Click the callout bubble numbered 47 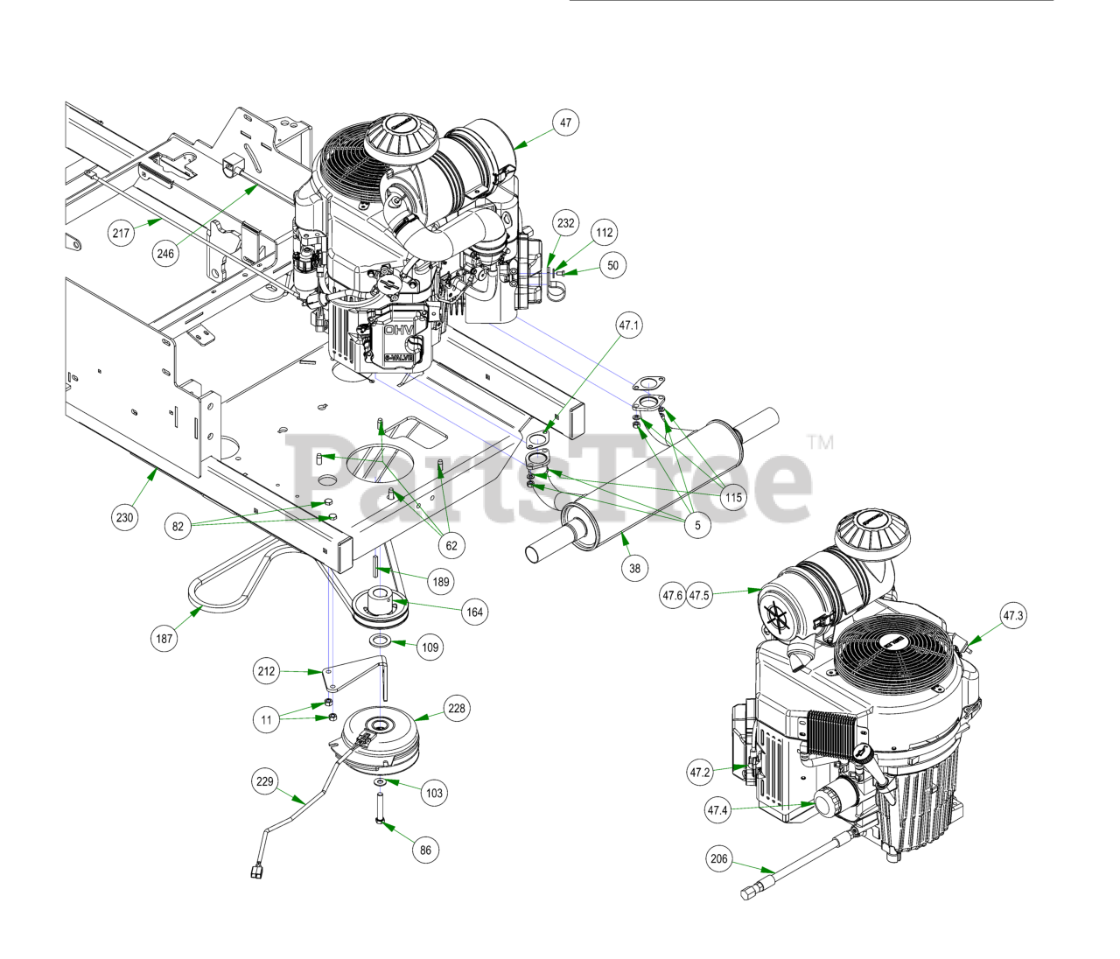(x=565, y=122)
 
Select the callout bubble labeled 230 (x=125, y=517)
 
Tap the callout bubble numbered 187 (x=164, y=638)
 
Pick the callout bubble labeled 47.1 (x=629, y=325)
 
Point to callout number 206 (x=719, y=858)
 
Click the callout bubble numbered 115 (x=733, y=497)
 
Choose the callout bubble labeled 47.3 (x=1013, y=615)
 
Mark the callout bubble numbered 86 (x=425, y=850)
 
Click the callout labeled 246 (x=165, y=254)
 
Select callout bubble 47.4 (x=717, y=809)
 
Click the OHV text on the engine (x=400, y=331)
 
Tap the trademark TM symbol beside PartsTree (x=820, y=442)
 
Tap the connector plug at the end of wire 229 (x=256, y=870)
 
